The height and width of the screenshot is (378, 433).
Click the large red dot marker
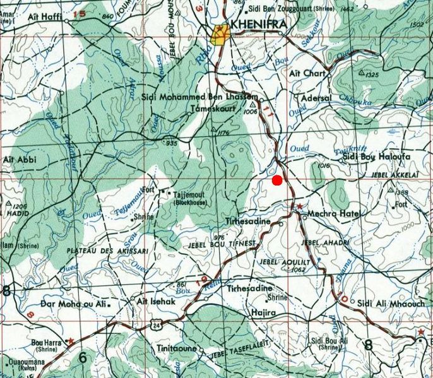tap(276, 180)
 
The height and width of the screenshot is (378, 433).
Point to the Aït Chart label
tap(307, 73)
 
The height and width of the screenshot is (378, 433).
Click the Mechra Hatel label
tap(333, 214)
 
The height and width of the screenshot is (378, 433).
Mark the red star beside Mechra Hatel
tap(300, 206)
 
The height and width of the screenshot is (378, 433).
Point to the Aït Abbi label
tap(19, 160)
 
